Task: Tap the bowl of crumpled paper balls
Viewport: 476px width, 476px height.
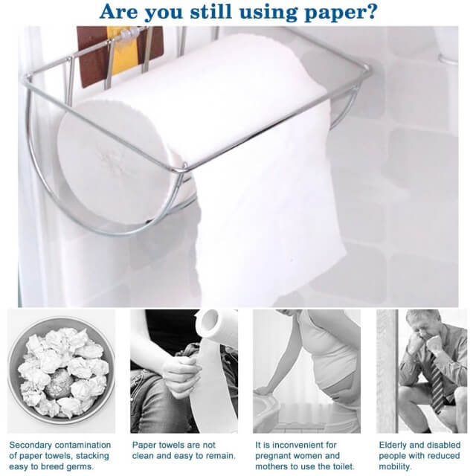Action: pos(61,371)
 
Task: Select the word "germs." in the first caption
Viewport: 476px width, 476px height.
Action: pos(80,467)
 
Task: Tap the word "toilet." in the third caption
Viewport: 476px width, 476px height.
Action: pos(341,466)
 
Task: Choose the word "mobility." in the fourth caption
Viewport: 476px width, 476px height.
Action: pos(395,466)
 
